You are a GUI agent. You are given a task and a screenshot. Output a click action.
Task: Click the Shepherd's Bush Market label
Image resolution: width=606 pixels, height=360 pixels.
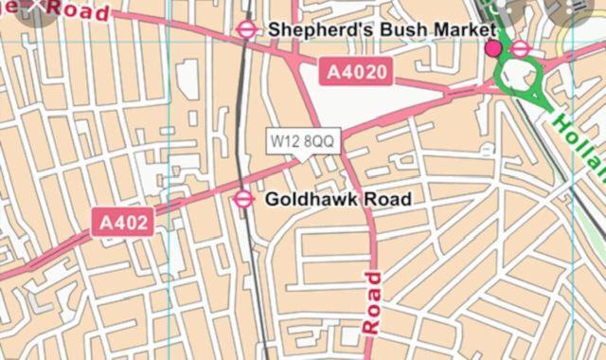(x=382, y=29)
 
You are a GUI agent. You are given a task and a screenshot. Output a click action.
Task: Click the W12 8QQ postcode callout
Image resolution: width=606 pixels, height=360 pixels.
(x=302, y=141)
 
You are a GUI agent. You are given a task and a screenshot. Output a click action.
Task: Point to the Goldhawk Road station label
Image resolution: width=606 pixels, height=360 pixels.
(x=338, y=199)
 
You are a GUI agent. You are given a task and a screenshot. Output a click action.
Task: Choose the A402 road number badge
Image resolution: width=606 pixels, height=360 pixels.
(x=122, y=223)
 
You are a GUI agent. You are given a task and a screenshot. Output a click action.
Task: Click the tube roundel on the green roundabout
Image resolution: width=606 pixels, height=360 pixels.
(x=520, y=48)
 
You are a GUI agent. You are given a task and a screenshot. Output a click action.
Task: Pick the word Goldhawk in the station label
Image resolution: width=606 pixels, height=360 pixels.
(x=308, y=199)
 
